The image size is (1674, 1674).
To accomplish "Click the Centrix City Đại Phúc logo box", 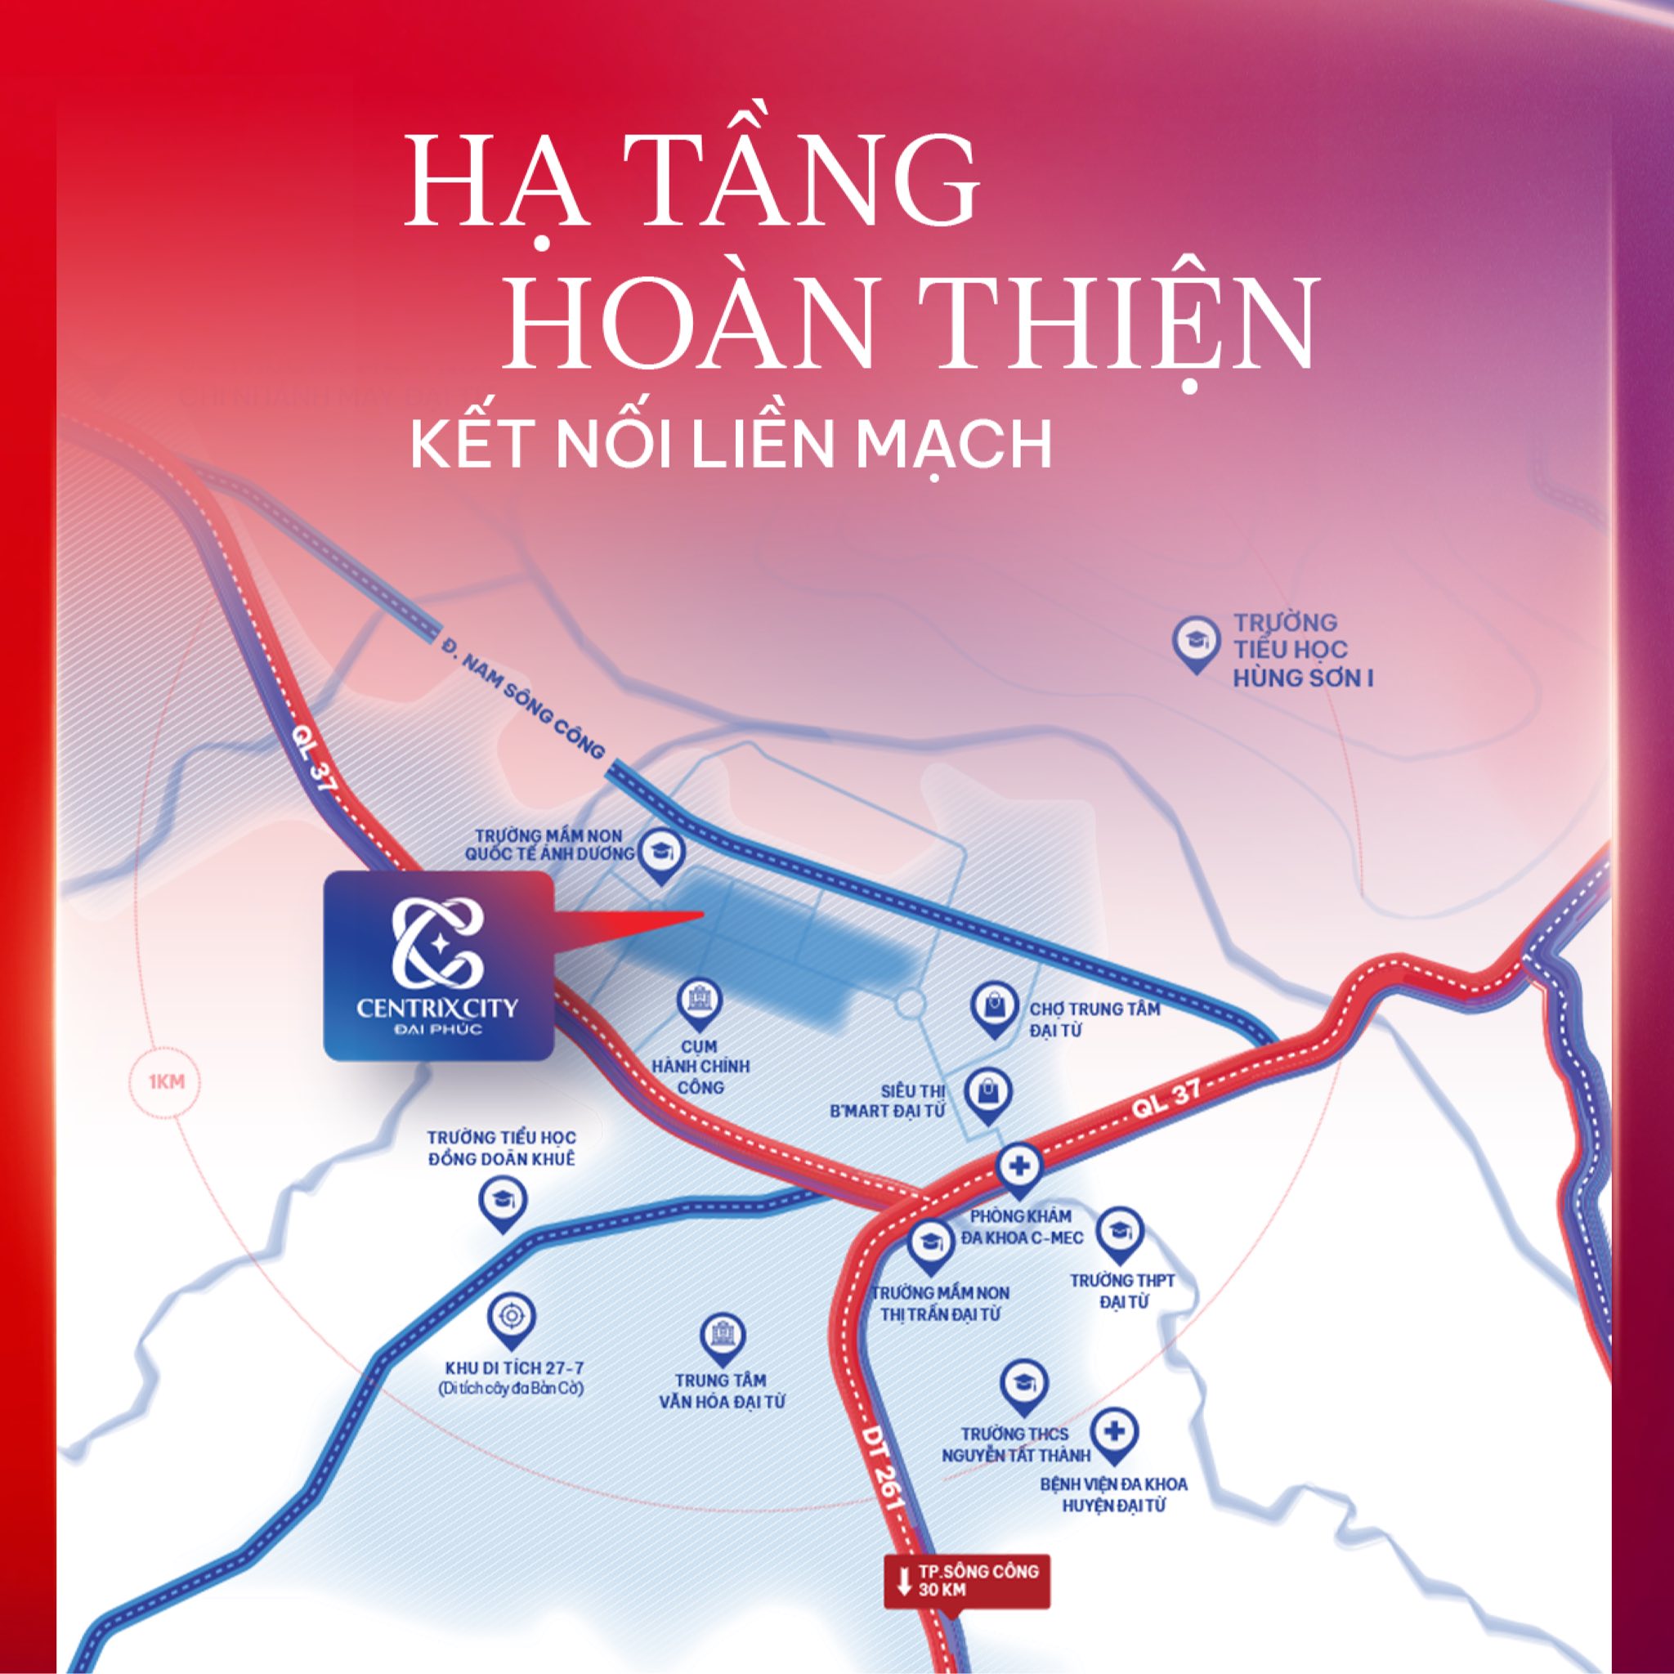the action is tap(438, 965).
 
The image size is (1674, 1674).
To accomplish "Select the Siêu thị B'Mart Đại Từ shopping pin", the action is tap(989, 1094).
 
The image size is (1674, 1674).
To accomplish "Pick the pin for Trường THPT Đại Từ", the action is tap(1120, 1232).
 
